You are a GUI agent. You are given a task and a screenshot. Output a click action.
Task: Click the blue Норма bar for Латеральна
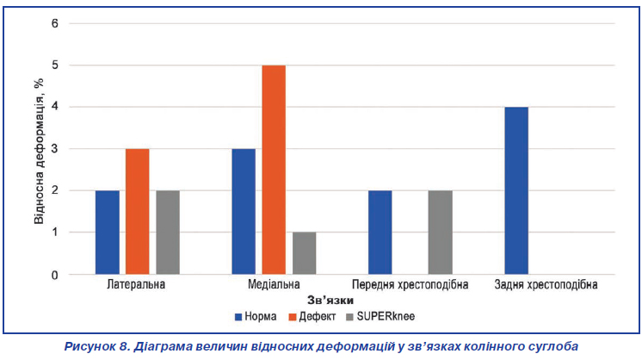[x=108, y=233]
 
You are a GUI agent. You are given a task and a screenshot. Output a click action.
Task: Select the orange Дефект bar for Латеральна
[x=138, y=211]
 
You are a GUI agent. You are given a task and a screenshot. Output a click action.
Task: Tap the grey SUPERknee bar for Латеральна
[x=168, y=233]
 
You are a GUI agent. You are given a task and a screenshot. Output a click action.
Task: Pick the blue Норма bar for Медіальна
[x=244, y=211]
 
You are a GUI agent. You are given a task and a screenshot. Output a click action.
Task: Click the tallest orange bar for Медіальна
[x=274, y=170]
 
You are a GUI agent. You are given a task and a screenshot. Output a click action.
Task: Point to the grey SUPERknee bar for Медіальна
[x=304, y=253]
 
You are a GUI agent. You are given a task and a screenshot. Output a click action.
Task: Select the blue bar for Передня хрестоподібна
[x=380, y=233]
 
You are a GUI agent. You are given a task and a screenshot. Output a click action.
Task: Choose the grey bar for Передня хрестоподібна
[x=441, y=233]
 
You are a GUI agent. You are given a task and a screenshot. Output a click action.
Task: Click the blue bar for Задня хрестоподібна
[x=516, y=190]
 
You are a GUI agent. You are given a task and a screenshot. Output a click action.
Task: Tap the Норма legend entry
[x=256, y=317]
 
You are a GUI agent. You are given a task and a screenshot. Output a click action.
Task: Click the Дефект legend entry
[x=312, y=317]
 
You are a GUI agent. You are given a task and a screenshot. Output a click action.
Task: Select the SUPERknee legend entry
[x=380, y=317]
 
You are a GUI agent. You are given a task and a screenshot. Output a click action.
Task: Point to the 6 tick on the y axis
[x=55, y=23]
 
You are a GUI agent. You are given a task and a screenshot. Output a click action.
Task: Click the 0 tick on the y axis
[x=55, y=275]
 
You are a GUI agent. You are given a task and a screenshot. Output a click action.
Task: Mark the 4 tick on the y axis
[x=55, y=107]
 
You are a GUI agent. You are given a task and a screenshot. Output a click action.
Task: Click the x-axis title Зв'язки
[x=330, y=301]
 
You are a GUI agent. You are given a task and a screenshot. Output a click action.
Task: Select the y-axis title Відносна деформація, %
[x=39, y=151]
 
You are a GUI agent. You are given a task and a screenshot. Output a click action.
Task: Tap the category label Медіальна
[x=274, y=284]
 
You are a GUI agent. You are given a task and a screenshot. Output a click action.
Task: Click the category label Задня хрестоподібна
[x=546, y=285]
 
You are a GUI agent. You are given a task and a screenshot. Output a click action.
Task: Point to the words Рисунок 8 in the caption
[x=96, y=346]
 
